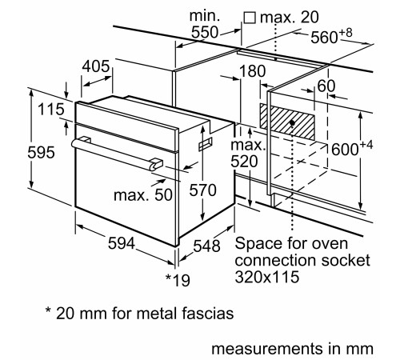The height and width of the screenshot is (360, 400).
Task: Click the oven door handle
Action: (x=116, y=154)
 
